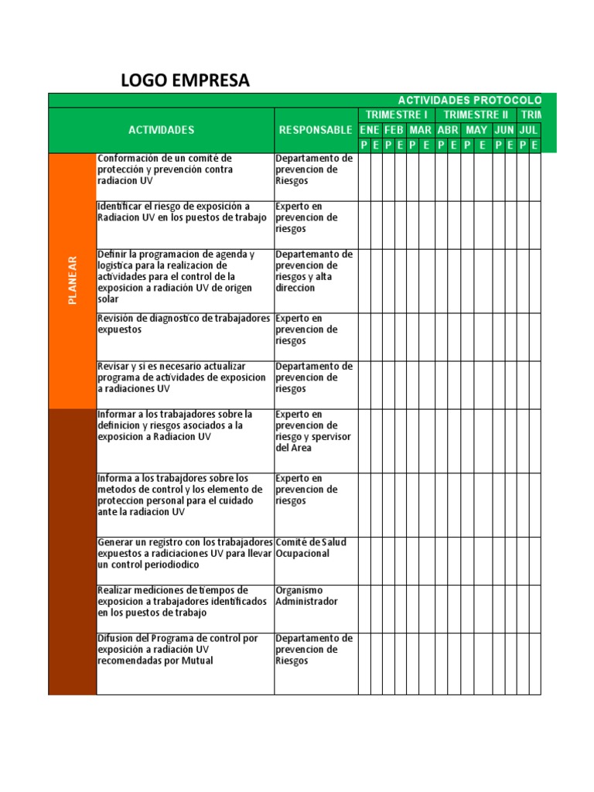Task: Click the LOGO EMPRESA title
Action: coord(186,80)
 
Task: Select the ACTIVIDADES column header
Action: coord(162,130)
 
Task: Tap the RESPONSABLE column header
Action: coord(316,130)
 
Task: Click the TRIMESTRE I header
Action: coord(396,115)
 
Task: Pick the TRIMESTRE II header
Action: coord(476,115)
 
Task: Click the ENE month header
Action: coord(370,130)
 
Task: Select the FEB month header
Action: coord(394,130)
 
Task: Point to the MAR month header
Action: coord(421,130)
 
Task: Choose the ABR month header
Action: coord(448,130)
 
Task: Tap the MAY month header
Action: coord(476,130)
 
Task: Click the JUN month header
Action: coord(504,130)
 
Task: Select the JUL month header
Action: coord(528,130)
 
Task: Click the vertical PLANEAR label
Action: coord(72,280)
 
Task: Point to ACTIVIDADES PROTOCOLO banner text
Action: coord(469,101)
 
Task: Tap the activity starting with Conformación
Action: coord(165,169)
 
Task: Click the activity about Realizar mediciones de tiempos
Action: coord(183,602)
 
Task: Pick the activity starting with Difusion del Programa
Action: coord(178,650)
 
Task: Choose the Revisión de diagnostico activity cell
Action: coord(184,323)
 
